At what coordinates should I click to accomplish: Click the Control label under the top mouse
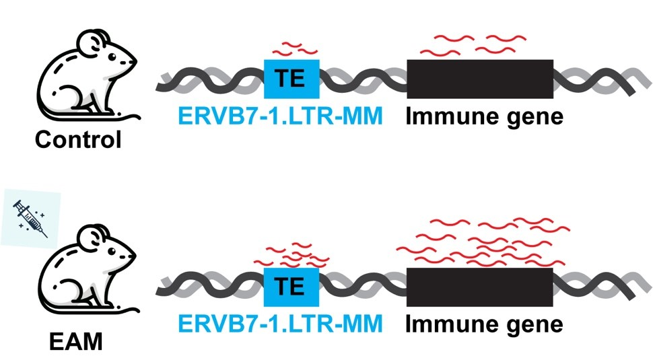pos(79,140)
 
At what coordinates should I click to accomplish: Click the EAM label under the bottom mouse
pos(76,344)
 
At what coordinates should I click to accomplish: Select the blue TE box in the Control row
pos(291,79)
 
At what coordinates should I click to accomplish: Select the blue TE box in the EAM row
pos(291,287)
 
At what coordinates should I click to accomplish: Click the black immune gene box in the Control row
pos(480,79)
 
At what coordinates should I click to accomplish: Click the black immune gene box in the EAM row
pos(480,287)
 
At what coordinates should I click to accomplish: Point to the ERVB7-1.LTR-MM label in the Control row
pos(280,117)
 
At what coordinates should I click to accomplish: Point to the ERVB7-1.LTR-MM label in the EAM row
pos(280,324)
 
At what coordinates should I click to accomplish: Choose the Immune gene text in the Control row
pos(484,117)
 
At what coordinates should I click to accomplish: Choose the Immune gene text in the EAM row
pos(484,324)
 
